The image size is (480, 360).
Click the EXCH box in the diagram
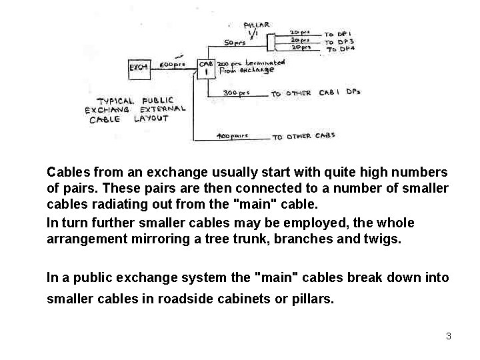tap(139, 67)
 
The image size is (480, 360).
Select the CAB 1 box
tap(205, 68)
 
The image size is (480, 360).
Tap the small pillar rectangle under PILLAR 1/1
tap(271, 42)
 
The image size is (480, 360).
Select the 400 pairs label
tap(233, 136)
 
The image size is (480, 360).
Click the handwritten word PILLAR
tap(257, 25)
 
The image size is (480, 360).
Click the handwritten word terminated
tap(263, 63)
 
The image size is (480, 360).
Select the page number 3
tap(449, 336)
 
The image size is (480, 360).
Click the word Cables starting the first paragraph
tap(69, 172)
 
